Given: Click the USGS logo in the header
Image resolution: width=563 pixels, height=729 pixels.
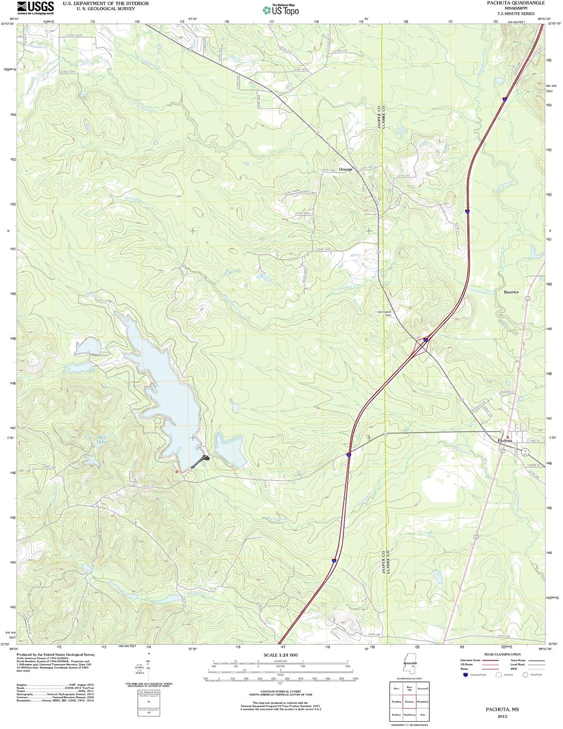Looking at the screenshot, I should pos(35,7).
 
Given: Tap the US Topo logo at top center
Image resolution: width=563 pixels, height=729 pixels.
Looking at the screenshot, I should pos(281,9).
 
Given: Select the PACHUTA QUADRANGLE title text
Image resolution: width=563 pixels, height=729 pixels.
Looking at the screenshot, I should pos(516,3).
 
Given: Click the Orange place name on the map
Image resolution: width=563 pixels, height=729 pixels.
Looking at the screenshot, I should pos(345,169).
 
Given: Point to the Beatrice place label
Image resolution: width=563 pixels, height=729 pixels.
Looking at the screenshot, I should pos(511,292).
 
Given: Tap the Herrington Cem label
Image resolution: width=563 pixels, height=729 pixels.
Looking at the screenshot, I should pos(384,313).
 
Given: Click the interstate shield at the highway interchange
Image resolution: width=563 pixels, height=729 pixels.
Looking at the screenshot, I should pos(425,340).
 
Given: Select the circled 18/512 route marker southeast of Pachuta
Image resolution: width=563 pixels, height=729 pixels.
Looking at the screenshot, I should pos(525,452).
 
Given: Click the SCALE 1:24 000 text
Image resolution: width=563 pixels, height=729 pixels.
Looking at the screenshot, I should pos(281,656).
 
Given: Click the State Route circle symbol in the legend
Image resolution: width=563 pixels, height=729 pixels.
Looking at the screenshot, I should pos(525,675).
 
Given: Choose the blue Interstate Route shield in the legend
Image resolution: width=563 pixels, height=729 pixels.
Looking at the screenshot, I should pos(466,675).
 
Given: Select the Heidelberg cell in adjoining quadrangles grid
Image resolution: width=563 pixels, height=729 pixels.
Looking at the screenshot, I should pos(409,715).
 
